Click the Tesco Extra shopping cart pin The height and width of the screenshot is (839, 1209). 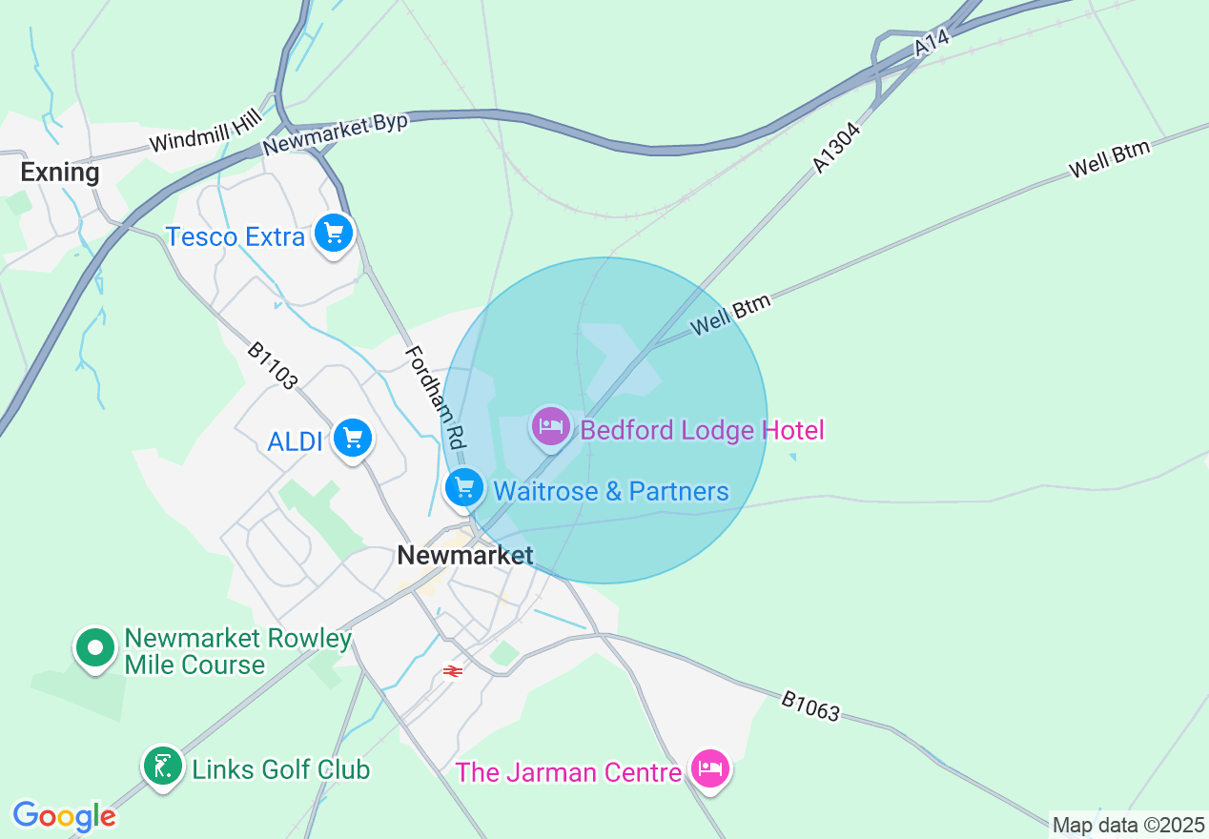click(334, 232)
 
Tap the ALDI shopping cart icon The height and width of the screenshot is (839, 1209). click(354, 438)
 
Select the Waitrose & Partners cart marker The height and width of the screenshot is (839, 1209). click(464, 488)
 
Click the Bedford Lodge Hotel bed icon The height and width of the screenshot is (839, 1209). click(551, 426)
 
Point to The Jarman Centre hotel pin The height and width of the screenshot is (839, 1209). click(710, 767)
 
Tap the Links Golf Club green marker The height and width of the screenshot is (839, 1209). click(163, 766)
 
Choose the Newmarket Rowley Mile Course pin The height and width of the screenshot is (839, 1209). click(94, 648)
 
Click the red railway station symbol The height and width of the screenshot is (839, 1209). click(453, 671)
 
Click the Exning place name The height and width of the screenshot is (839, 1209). click(60, 173)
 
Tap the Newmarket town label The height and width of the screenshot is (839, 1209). click(464, 555)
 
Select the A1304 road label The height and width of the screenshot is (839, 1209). click(837, 147)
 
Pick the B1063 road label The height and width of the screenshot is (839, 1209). click(810, 706)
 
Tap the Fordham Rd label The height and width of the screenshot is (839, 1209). click(435, 398)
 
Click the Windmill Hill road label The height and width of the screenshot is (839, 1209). click(205, 131)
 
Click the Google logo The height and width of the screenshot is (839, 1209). click(64, 816)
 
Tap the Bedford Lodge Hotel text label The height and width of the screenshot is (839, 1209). click(702, 430)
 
